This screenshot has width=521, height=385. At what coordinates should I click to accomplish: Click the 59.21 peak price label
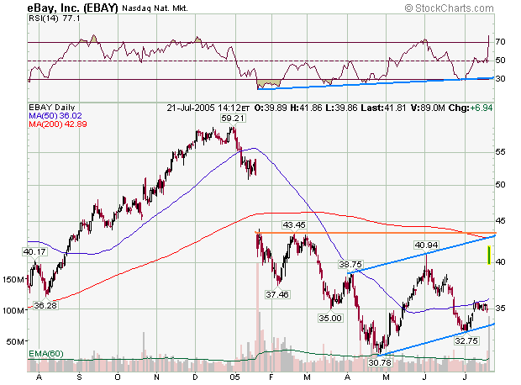pos(232,119)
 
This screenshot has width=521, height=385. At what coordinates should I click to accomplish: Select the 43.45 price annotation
pos(293,224)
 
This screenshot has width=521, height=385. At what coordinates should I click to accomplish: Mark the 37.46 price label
pos(277,294)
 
